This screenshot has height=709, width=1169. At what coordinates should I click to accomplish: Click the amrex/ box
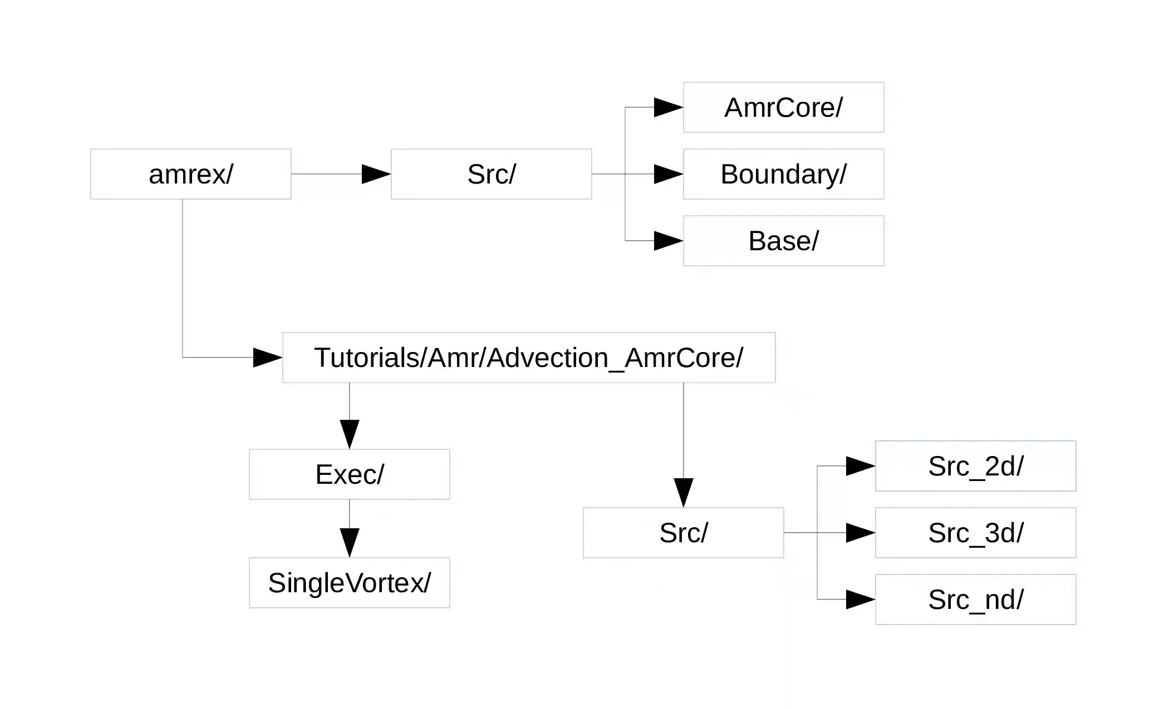[x=190, y=174]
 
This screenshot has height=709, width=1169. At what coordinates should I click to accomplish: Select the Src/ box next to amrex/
[x=491, y=174]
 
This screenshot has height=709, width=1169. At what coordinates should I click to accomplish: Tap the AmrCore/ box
[x=783, y=107]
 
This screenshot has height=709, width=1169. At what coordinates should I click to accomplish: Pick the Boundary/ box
[x=783, y=174]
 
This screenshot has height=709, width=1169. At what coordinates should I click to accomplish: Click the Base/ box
[x=783, y=241]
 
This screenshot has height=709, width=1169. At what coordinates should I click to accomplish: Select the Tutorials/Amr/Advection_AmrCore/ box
[x=528, y=358]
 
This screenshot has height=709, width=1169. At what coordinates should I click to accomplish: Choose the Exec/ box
[x=349, y=474]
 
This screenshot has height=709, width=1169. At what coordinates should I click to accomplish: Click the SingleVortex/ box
[x=349, y=583]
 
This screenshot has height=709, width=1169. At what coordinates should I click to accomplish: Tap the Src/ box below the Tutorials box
[x=683, y=533]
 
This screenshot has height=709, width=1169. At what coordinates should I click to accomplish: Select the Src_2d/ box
[x=975, y=466]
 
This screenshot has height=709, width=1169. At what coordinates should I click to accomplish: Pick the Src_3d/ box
[x=975, y=533]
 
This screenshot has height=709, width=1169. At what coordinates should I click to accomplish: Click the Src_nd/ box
[x=975, y=599]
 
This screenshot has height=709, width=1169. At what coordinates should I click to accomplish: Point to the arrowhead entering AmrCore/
[x=668, y=107]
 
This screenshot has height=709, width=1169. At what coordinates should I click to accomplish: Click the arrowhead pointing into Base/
[x=668, y=241]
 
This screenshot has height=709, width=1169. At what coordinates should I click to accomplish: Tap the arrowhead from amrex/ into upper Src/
[x=376, y=174]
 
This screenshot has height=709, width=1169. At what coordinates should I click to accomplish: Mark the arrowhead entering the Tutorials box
[x=267, y=358]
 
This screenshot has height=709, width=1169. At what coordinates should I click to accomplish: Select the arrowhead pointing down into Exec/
[x=350, y=434]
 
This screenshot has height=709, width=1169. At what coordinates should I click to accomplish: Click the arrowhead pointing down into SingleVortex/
[x=350, y=542]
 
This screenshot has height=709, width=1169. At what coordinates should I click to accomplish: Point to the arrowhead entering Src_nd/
[x=860, y=599]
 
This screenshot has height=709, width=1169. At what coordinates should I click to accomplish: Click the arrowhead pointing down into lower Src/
[x=684, y=492]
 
